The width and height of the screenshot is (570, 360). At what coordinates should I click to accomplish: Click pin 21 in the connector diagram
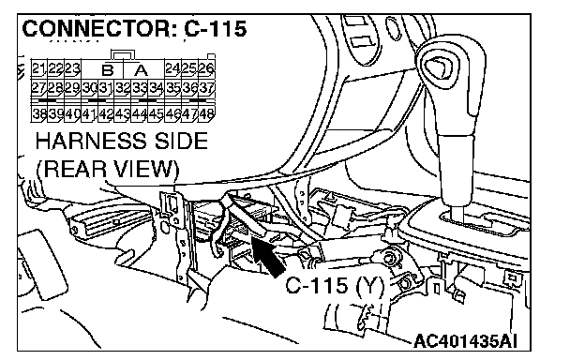tap(38, 68)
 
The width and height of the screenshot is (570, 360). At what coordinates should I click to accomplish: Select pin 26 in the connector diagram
tap(207, 68)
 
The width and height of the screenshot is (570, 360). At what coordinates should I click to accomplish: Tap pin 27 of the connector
tap(38, 88)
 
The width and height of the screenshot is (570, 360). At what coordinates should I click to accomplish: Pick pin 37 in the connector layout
tap(207, 88)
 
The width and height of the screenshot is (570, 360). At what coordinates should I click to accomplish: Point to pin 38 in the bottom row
tap(38, 114)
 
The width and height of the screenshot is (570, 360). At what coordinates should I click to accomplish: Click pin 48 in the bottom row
tap(207, 114)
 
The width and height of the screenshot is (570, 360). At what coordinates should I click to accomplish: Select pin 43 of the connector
tap(123, 114)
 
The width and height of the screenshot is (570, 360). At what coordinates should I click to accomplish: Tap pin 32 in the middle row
tap(123, 88)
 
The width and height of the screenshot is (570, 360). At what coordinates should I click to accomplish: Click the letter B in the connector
tap(108, 69)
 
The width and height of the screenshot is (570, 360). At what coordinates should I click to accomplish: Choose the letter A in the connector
tap(141, 69)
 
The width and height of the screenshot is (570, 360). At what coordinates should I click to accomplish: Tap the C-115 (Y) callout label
tap(335, 286)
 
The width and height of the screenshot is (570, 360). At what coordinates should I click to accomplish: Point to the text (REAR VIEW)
tap(108, 169)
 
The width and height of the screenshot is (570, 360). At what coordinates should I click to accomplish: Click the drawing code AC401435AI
tap(465, 341)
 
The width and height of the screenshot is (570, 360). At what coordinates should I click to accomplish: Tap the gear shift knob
tap(452, 74)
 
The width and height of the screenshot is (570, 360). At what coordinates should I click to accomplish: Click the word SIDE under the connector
tap(181, 141)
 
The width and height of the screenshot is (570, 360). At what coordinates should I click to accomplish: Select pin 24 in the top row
tap(173, 68)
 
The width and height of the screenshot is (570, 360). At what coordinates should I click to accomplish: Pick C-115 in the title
tap(216, 28)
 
